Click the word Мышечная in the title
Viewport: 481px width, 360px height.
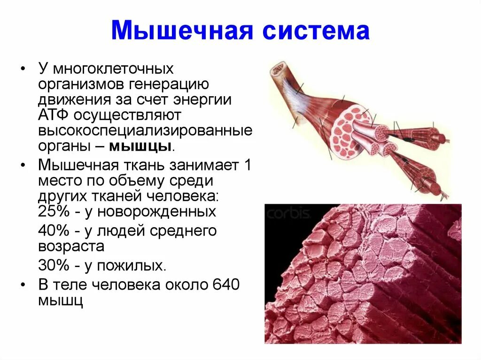[178, 31]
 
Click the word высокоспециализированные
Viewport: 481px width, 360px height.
[145, 130]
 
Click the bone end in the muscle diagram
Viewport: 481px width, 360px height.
[277, 70]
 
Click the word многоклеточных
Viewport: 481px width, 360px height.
[113, 69]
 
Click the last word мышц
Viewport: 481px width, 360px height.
[61, 300]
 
